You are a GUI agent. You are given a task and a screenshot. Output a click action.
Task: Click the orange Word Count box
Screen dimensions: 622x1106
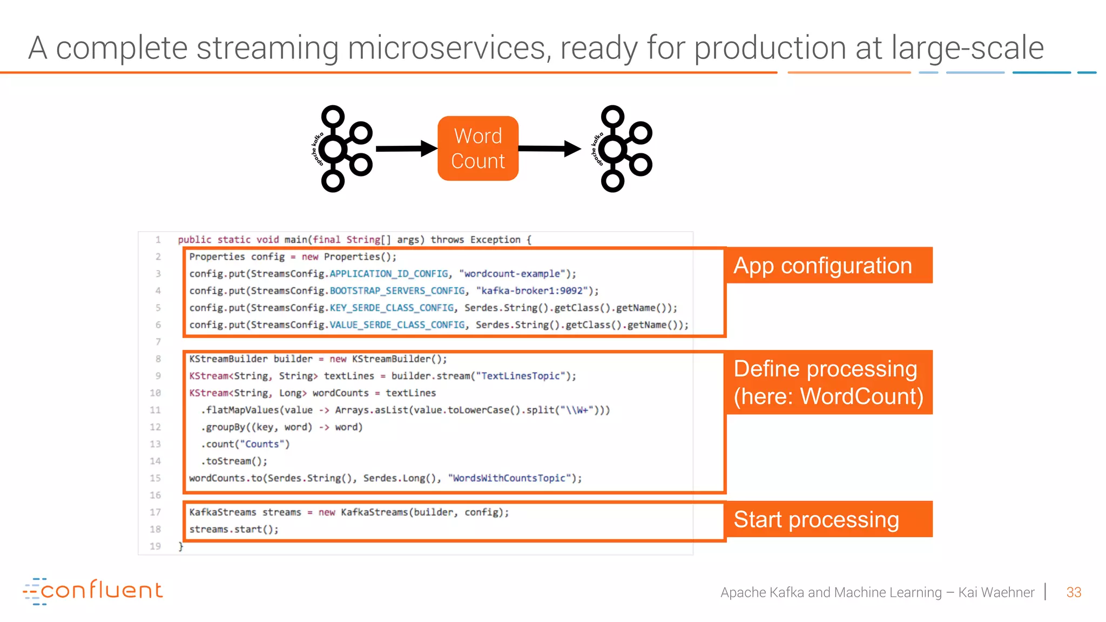pos(478,148)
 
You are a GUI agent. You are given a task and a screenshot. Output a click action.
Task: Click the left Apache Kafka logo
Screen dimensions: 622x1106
pos(343,148)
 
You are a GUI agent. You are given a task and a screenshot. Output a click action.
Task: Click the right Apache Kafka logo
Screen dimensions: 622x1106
pos(623,148)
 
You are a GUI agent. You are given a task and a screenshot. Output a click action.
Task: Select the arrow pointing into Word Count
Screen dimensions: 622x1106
pos(406,148)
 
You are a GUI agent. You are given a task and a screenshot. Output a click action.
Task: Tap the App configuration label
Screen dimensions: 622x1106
pos(828,266)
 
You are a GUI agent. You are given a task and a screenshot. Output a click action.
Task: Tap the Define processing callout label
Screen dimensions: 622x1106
pos(828,382)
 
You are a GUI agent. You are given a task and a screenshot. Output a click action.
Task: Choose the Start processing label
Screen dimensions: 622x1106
pos(828,519)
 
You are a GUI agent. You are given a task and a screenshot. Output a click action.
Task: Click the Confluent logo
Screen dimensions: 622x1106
pos(93,591)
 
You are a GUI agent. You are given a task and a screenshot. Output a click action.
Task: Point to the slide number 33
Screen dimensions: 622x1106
pos(1074,592)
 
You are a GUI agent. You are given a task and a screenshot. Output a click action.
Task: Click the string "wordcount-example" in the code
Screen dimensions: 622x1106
pos(512,274)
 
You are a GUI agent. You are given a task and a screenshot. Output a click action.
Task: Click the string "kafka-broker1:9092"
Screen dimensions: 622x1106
pos(532,291)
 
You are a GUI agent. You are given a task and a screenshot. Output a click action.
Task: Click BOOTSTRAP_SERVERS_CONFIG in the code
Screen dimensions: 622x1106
pos(397,291)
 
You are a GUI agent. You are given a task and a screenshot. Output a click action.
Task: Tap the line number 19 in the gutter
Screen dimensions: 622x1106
pos(156,546)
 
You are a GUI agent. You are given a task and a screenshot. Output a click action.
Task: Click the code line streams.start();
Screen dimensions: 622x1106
pos(234,529)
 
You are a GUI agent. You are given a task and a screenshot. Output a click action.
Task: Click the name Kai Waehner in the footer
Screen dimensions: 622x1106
pos(996,592)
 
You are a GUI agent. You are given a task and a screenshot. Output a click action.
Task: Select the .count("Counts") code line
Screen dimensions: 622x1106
pos(246,444)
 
